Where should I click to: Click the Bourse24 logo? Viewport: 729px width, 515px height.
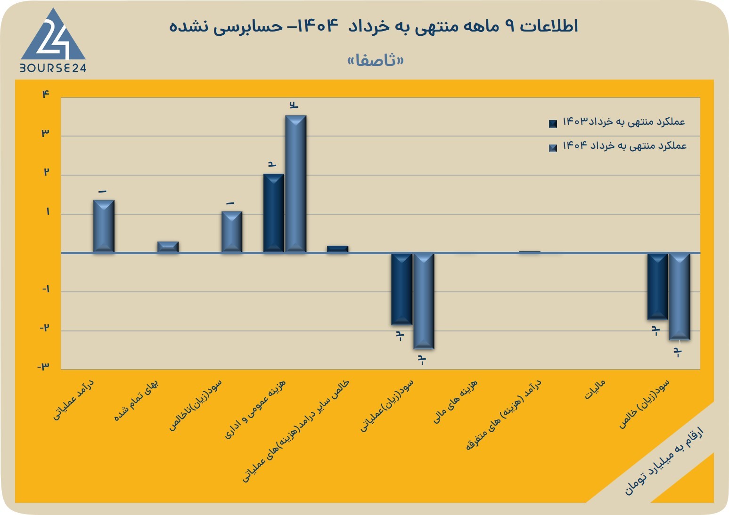pos(53,40)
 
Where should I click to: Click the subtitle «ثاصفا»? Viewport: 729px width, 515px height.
pos(375,60)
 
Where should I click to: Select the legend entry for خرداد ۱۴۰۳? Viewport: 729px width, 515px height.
pos(617,122)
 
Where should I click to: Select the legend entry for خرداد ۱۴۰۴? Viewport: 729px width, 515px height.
pos(617,146)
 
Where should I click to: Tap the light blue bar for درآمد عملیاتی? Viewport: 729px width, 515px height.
pos(104,226)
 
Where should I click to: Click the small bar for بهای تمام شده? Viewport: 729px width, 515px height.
pos(168,247)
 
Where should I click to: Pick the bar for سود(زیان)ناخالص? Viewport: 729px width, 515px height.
pos(232,232)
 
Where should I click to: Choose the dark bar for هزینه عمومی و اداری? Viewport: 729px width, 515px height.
pos(274,213)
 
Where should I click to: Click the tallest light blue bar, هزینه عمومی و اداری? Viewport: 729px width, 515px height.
pos(296,184)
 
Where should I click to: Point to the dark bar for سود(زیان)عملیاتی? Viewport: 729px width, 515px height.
pos(401,289)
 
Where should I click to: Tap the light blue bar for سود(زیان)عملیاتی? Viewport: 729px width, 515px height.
pos(424,301)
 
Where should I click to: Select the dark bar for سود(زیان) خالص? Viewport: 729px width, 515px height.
pos(658,287)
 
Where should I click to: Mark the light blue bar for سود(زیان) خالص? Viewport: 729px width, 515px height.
pos(680,297)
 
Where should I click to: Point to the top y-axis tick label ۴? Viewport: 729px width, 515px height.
pos(46,95)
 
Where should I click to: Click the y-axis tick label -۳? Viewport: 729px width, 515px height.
pos(43,367)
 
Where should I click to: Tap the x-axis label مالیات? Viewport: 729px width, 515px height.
pos(595,389)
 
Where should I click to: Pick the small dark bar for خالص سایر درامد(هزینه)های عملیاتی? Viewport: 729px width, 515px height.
pos(338,249)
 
